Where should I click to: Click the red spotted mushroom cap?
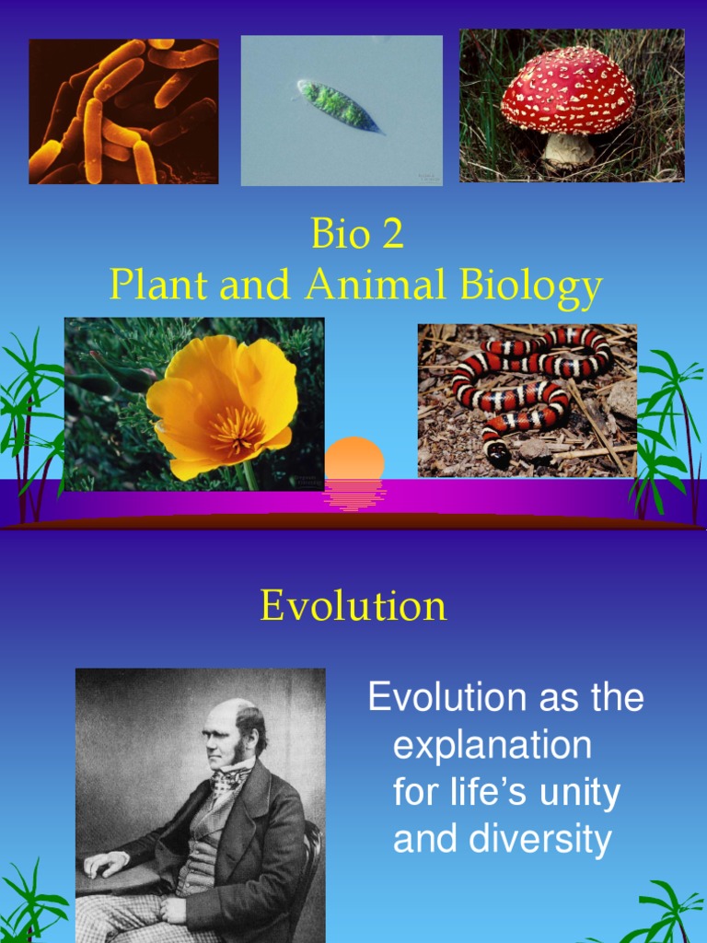567,89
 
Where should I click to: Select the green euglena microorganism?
339,105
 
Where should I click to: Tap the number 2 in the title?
393,235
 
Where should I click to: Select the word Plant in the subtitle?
158,285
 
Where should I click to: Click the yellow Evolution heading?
353,606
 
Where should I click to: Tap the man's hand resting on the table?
103,864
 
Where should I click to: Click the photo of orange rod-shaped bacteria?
123,111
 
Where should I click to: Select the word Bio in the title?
340,235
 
